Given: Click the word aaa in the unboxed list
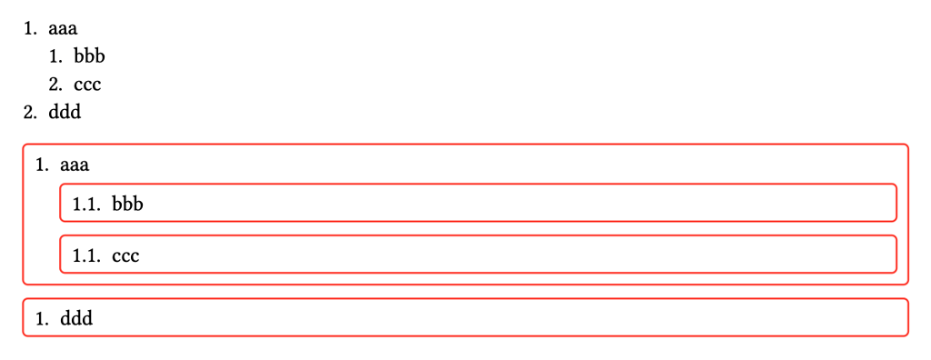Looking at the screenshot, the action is coord(63,28).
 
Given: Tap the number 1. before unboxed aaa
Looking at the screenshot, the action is coord(30,28).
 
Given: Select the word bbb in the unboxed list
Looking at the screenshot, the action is coord(90,55).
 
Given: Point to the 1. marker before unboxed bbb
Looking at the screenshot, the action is coord(55,56).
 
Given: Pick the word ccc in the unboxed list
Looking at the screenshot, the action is coord(88,85).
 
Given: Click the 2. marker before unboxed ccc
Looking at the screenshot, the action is coord(55,85).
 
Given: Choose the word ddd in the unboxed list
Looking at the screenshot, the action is coord(65,113).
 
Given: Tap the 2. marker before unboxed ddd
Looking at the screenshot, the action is coord(30,113).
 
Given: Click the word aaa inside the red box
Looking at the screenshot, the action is coord(75,165).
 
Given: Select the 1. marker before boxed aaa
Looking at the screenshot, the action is coord(42,165).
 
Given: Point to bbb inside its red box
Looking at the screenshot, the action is coord(128,204).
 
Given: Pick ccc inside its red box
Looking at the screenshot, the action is coord(125,256).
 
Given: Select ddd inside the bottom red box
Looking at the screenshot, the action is coord(76,318).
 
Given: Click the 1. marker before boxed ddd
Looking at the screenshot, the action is coord(42,319).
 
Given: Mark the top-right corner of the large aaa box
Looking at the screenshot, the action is coord(908,145).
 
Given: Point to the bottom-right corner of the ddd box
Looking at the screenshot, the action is coord(908,335).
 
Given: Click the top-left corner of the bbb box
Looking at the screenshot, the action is coord(61,185).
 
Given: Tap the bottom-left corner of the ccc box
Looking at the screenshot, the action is coord(61,272).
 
